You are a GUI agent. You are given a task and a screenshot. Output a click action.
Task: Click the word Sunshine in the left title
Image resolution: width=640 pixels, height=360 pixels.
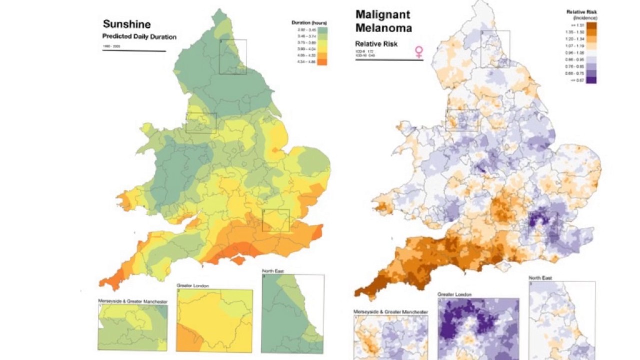(127, 24)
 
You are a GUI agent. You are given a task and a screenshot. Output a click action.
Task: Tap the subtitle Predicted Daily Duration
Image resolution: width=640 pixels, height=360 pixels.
(139, 37)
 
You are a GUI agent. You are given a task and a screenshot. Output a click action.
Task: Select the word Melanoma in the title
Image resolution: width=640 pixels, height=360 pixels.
(383, 28)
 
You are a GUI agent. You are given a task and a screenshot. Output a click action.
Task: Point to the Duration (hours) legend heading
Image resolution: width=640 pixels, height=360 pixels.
(309, 23)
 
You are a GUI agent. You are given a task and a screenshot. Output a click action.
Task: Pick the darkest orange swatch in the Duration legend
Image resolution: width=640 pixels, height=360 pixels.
(322, 62)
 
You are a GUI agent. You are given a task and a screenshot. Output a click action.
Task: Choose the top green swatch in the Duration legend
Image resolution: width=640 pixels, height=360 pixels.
(322, 30)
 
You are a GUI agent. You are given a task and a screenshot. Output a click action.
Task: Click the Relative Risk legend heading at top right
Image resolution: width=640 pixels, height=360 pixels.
(581, 11)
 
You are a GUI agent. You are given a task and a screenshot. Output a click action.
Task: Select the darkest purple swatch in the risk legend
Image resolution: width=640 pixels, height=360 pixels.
(591, 79)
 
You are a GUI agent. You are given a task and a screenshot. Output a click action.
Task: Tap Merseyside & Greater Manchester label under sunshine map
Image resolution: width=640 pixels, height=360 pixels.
(133, 302)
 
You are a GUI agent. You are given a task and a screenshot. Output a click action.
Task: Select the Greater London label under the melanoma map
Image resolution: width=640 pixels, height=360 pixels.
(454, 295)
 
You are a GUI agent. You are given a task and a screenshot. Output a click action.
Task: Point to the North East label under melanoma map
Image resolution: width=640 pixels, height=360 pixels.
(540, 278)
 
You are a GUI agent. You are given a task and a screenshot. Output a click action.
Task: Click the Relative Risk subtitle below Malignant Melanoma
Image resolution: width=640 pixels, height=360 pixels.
(376, 44)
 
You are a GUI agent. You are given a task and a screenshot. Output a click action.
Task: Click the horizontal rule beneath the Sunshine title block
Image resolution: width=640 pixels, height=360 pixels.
(134, 51)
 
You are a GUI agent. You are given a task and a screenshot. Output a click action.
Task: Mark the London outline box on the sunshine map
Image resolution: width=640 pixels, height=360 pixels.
(276, 220)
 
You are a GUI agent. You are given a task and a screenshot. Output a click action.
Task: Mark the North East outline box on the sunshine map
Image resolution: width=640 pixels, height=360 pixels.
(233, 57)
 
